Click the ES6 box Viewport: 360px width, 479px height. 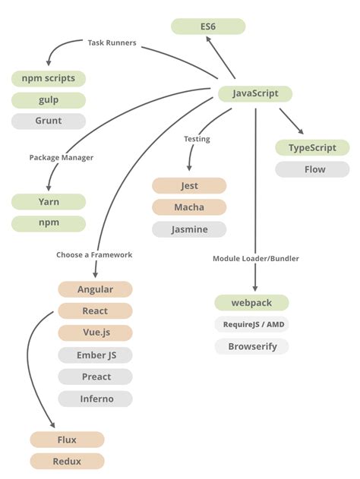click(x=208, y=27)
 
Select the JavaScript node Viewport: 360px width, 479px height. click(x=254, y=94)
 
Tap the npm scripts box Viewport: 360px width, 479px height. click(x=49, y=78)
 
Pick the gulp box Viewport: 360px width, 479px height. click(x=49, y=99)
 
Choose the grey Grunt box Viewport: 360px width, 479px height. click(x=49, y=121)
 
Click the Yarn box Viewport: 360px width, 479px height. click(x=49, y=202)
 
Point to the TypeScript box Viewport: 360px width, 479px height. click(x=312, y=148)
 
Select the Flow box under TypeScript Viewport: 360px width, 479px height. click(x=312, y=169)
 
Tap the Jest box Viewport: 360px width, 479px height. click(x=189, y=186)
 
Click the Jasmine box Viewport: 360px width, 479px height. click(x=189, y=229)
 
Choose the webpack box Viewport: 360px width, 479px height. click(x=252, y=303)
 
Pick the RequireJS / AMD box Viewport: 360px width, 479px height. click(x=252, y=325)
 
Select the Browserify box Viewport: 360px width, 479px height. click(x=252, y=347)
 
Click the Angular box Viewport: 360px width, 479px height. click(x=96, y=289)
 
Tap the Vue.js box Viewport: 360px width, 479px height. click(x=96, y=332)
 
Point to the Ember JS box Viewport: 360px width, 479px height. click(x=96, y=355)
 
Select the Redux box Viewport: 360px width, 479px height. click(x=67, y=461)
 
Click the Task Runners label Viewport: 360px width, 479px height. click(x=111, y=43)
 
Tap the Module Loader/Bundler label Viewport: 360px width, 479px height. click(x=256, y=259)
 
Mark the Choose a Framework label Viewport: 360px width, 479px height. click(x=94, y=255)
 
